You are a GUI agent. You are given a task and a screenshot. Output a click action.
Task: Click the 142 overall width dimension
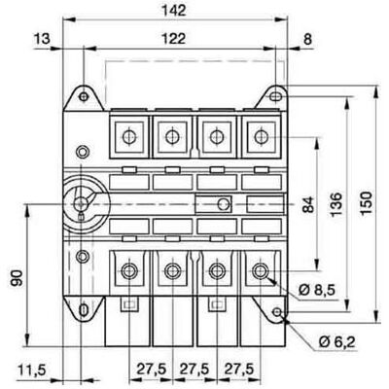[174, 11]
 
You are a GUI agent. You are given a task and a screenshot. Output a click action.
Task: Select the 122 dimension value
[174, 39]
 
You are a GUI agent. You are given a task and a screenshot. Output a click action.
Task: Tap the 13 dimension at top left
[42, 39]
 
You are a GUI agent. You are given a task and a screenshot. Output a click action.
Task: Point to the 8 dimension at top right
[307, 39]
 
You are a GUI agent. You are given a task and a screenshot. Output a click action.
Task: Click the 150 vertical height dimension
[367, 203]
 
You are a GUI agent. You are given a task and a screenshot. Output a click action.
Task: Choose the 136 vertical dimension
[336, 204]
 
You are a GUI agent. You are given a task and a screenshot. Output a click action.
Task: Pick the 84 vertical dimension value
[309, 204]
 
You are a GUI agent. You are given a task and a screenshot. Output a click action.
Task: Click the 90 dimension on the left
[18, 277]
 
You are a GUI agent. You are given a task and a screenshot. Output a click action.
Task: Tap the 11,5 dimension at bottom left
[32, 370]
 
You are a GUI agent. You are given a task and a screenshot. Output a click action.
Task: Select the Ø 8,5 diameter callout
[317, 290]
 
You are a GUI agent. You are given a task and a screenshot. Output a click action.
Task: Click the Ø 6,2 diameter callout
[337, 341]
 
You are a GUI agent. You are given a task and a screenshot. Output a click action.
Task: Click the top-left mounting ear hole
[84, 96]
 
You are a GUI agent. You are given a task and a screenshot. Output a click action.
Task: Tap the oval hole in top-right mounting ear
[275, 96]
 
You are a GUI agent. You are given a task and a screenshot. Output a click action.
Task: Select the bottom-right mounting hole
[277, 312]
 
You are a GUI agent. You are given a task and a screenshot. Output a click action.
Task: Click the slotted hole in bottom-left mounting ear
[84, 310]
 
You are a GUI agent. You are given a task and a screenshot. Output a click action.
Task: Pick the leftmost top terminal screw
[129, 136]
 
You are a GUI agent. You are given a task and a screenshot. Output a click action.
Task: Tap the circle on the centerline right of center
[224, 204]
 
